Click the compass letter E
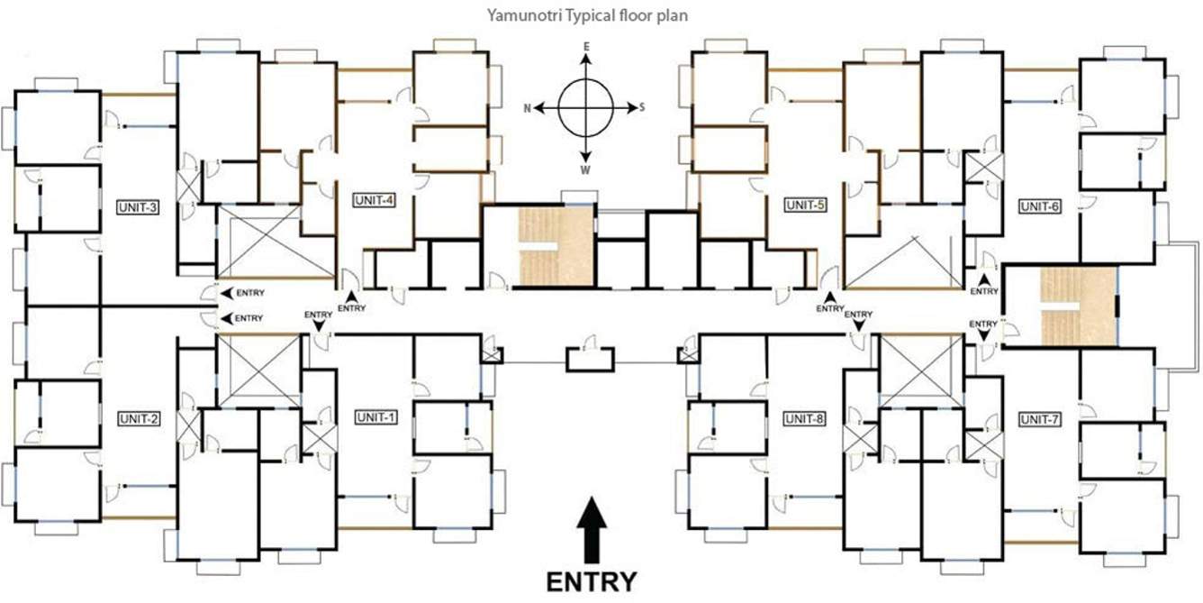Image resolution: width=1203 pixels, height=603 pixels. pos(585,46)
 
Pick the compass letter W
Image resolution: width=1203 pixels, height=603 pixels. pos(585,169)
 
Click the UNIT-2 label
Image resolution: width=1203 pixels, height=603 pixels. pos(139,418)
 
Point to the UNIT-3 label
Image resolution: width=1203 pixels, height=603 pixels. pos(138,207)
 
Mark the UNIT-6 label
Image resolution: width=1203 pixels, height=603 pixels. pos(1040,206)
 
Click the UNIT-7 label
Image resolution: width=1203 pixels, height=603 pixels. pos(1040,419)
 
